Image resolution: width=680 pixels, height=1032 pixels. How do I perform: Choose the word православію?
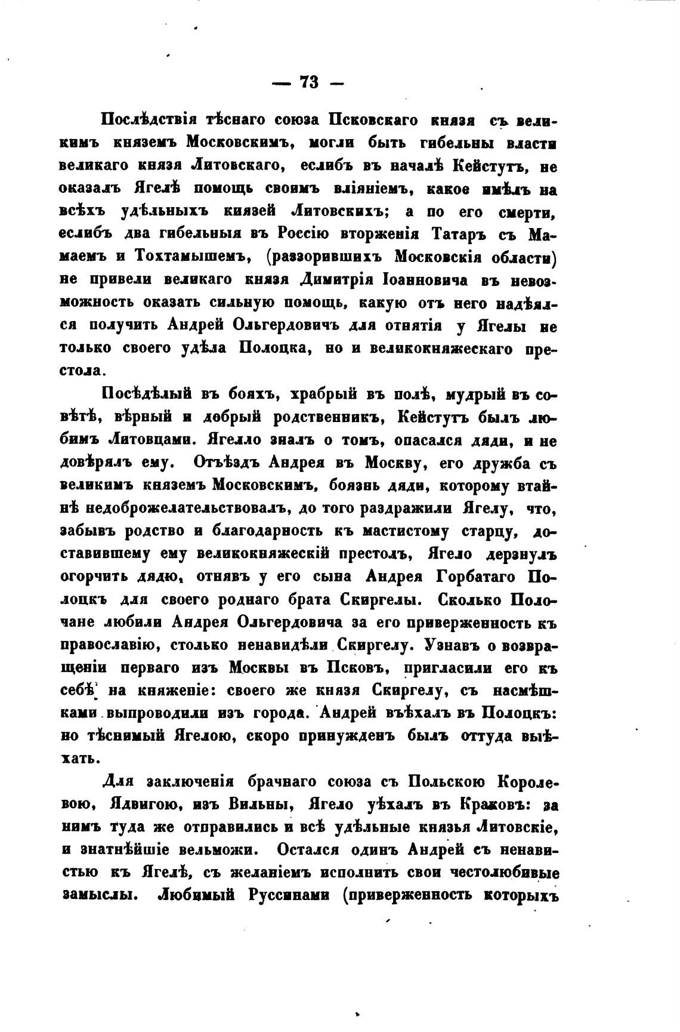tap(108, 645)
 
